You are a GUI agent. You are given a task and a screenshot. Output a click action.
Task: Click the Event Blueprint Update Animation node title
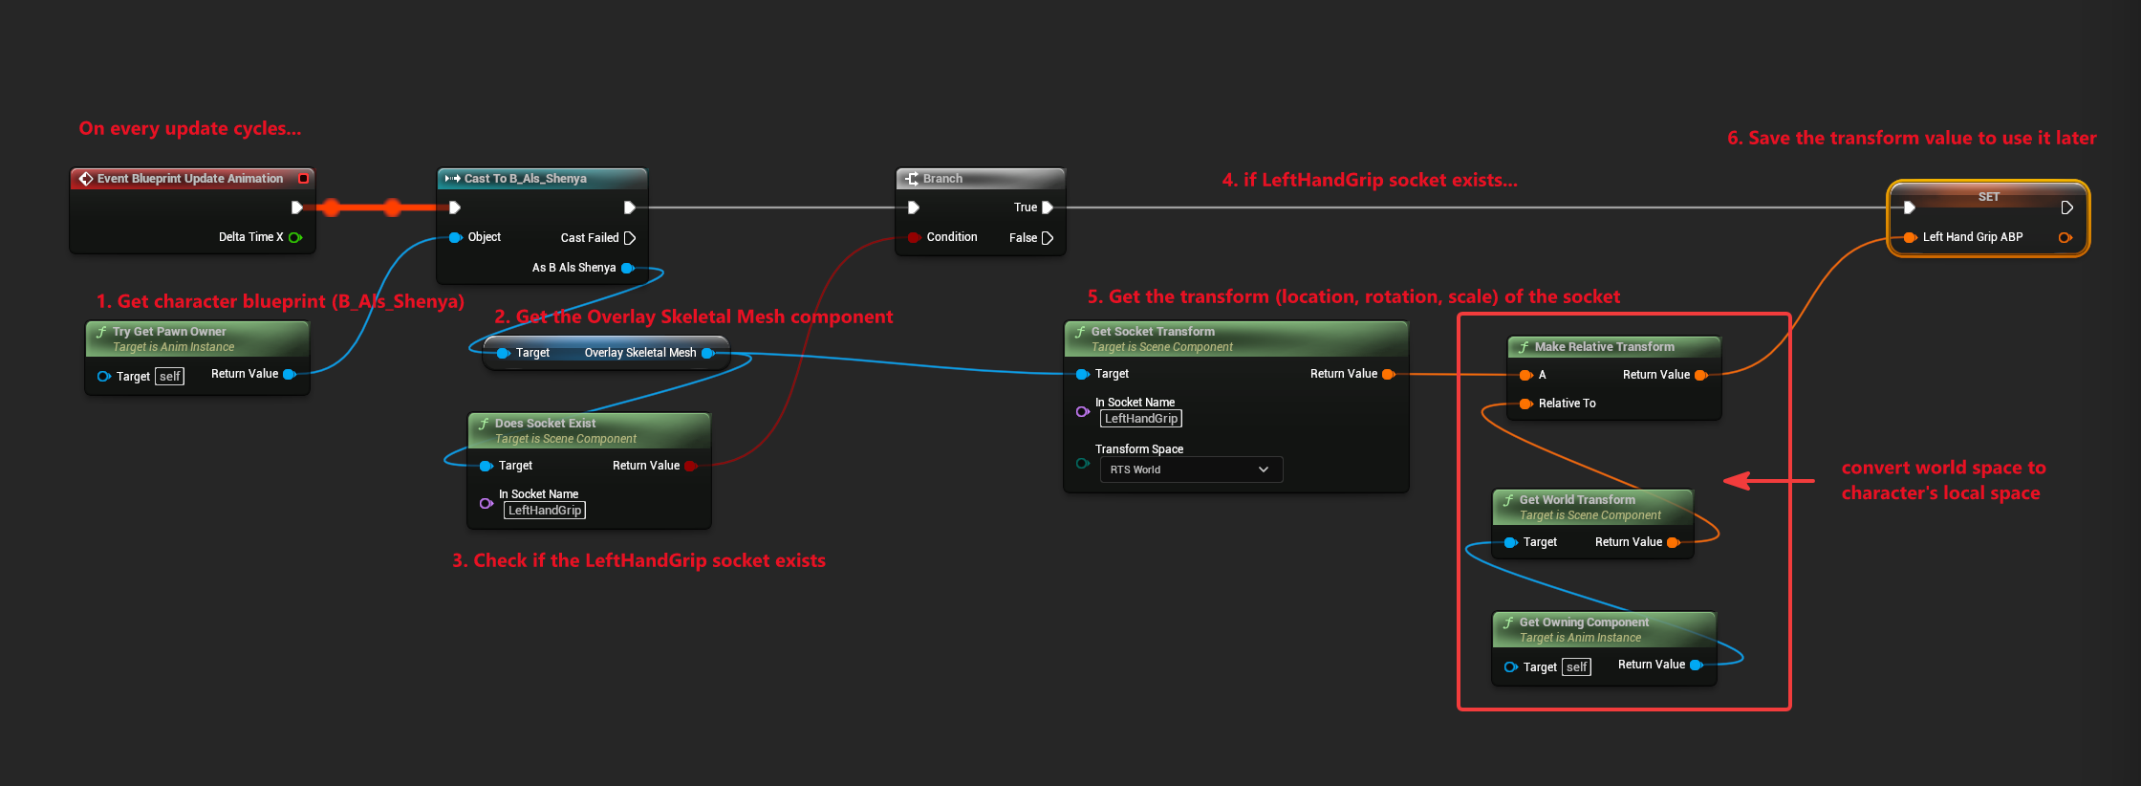pos(190,179)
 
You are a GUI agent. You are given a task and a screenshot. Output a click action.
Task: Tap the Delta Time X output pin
pos(295,237)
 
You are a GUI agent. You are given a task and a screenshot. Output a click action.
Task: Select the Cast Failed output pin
pos(629,238)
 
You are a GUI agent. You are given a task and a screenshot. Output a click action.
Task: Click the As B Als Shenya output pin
pos(628,268)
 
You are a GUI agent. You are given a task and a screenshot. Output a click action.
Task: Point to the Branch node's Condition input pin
pos(914,237)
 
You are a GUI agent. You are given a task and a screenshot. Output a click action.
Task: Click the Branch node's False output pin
pos(1047,238)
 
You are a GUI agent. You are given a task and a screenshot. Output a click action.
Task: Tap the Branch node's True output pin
pos(1048,207)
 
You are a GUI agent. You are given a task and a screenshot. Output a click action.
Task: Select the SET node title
pos(1988,197)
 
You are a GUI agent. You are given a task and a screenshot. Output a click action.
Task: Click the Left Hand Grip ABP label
pos(1973,237)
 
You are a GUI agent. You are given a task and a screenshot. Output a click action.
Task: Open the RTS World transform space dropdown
pos(1191,469)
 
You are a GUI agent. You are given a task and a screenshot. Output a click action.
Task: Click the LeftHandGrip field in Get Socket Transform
pos(1141,419)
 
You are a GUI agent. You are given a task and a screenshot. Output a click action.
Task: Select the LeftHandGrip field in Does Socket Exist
pos(545,511)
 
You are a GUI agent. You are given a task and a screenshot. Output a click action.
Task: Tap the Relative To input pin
pos(1525,404)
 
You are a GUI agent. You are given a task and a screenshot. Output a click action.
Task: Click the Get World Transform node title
pos(1577,500)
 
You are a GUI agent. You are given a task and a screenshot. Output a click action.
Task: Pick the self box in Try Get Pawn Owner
pos(169,377)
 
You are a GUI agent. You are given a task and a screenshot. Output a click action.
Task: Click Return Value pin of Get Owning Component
pos(1697,665)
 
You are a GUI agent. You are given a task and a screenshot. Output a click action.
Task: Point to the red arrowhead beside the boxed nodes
pos(1737,481)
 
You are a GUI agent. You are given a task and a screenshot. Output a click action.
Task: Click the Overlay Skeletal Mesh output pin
pos(707,353)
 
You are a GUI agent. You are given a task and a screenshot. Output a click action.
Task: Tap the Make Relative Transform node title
pos(1604,347)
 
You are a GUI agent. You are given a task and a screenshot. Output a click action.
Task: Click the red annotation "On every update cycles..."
pos(190,128)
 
